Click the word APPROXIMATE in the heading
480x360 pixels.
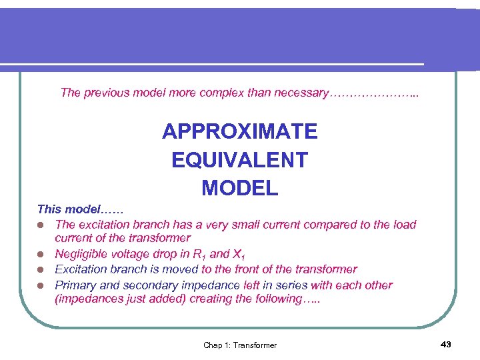tap(239, 132)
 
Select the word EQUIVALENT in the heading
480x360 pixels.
tap(239, 160)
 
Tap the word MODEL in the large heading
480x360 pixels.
tap(239, 189)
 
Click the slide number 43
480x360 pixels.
tap(446, 344)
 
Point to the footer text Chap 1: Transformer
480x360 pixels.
tap(240, 345)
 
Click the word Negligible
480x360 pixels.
tap(81, 253)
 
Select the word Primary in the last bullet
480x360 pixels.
tap(76, 285)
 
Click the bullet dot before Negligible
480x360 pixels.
tap(41, 254)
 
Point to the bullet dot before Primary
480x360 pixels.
tap(41, 285)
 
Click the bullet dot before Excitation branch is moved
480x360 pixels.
tap(41, 269)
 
